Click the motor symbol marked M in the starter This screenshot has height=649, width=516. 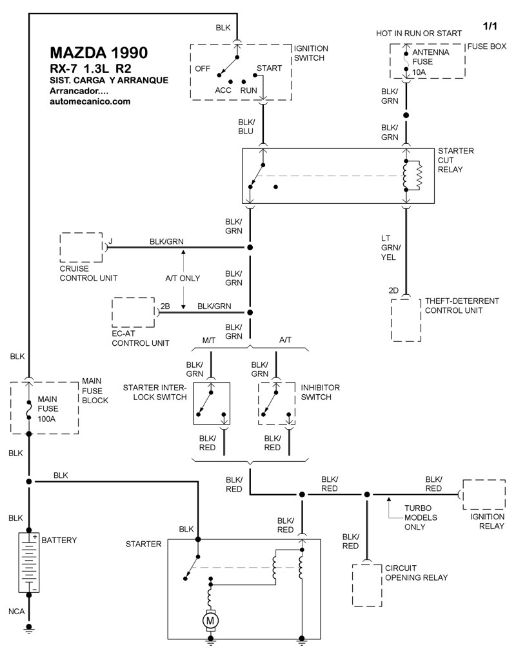coord(210,621)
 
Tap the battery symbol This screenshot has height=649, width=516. coord(28,563)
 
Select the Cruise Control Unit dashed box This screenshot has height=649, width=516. coord(81,248)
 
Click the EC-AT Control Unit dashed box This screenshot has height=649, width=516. coord(134,312)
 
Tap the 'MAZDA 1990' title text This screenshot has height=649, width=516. coord(99,52)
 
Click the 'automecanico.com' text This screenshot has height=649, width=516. coord(90,101)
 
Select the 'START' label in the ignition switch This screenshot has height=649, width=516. coord(269,68)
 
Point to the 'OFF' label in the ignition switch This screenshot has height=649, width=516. coord(203,69)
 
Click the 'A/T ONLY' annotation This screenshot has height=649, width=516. coord(183,278)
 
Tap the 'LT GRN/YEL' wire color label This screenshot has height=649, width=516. coord(391,248)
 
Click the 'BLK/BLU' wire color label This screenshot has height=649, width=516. coord(246,126)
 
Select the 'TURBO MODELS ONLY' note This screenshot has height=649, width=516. coord(421,517)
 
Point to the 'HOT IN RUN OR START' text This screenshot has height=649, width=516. coord(419,34)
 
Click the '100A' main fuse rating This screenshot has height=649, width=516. coord(46,419)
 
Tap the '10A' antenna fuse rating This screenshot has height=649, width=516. coord(419,72)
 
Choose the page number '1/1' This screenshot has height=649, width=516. coord(490,26)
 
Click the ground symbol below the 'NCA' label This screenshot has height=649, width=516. coord(28,630)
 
